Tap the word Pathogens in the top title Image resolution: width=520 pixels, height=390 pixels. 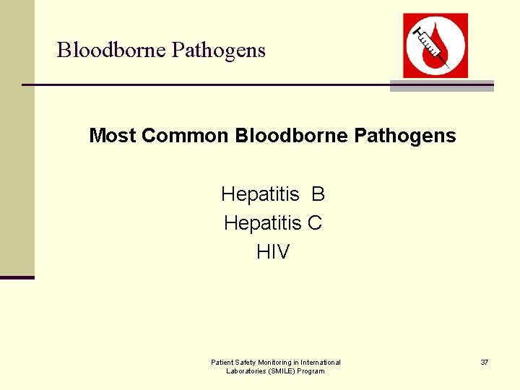coord(219,51)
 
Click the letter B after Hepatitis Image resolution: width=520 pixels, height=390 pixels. coord(318,194)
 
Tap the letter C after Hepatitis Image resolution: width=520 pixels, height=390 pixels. coord(315,223)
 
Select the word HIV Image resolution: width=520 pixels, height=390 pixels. coord(273,252)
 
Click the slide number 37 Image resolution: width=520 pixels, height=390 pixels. coord(484,362)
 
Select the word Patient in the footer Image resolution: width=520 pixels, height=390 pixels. coord(221,362)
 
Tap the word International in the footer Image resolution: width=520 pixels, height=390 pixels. coord(321,362)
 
